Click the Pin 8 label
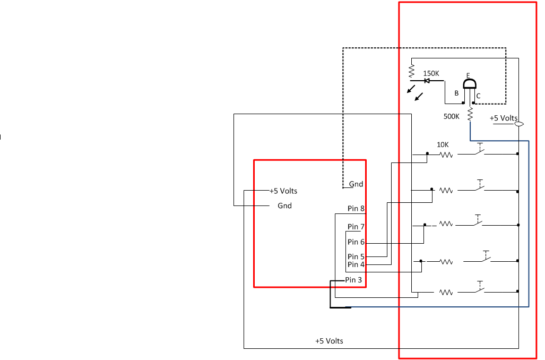pos(356,209)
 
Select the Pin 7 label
pos(356,227)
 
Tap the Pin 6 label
pos(356,242)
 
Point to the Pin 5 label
pos(356,256)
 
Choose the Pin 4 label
pos(356,264)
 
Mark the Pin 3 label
pos(354,280)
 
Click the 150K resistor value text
pos(431,73)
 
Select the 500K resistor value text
pos(451,116)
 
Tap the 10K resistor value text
pos(443,144)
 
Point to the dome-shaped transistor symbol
pos(469,84)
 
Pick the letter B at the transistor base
pos(456,93)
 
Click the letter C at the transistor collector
pos(478,96)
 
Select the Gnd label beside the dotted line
pos(356,184)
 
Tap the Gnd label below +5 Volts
pos(284,206)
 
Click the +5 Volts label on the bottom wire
pos(329,341)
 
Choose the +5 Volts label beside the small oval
pos(503,118)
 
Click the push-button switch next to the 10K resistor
pos(479,152)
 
